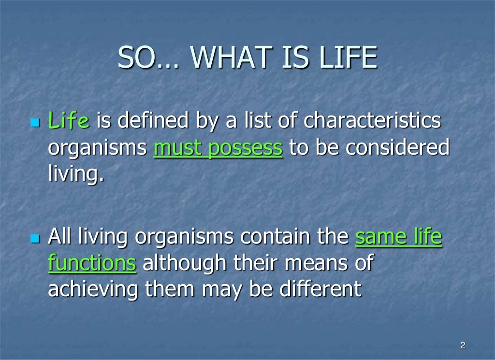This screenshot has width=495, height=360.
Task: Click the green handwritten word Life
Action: (69, 121)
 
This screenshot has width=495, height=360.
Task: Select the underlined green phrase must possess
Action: (218, 148)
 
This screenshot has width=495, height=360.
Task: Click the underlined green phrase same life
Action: (399, 237)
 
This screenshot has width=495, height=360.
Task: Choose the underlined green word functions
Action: (92, 263)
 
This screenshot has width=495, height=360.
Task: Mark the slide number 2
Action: (463, 345)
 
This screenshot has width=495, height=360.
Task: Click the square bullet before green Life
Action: (34, 122)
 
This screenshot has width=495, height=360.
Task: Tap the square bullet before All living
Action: (34, 238)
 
